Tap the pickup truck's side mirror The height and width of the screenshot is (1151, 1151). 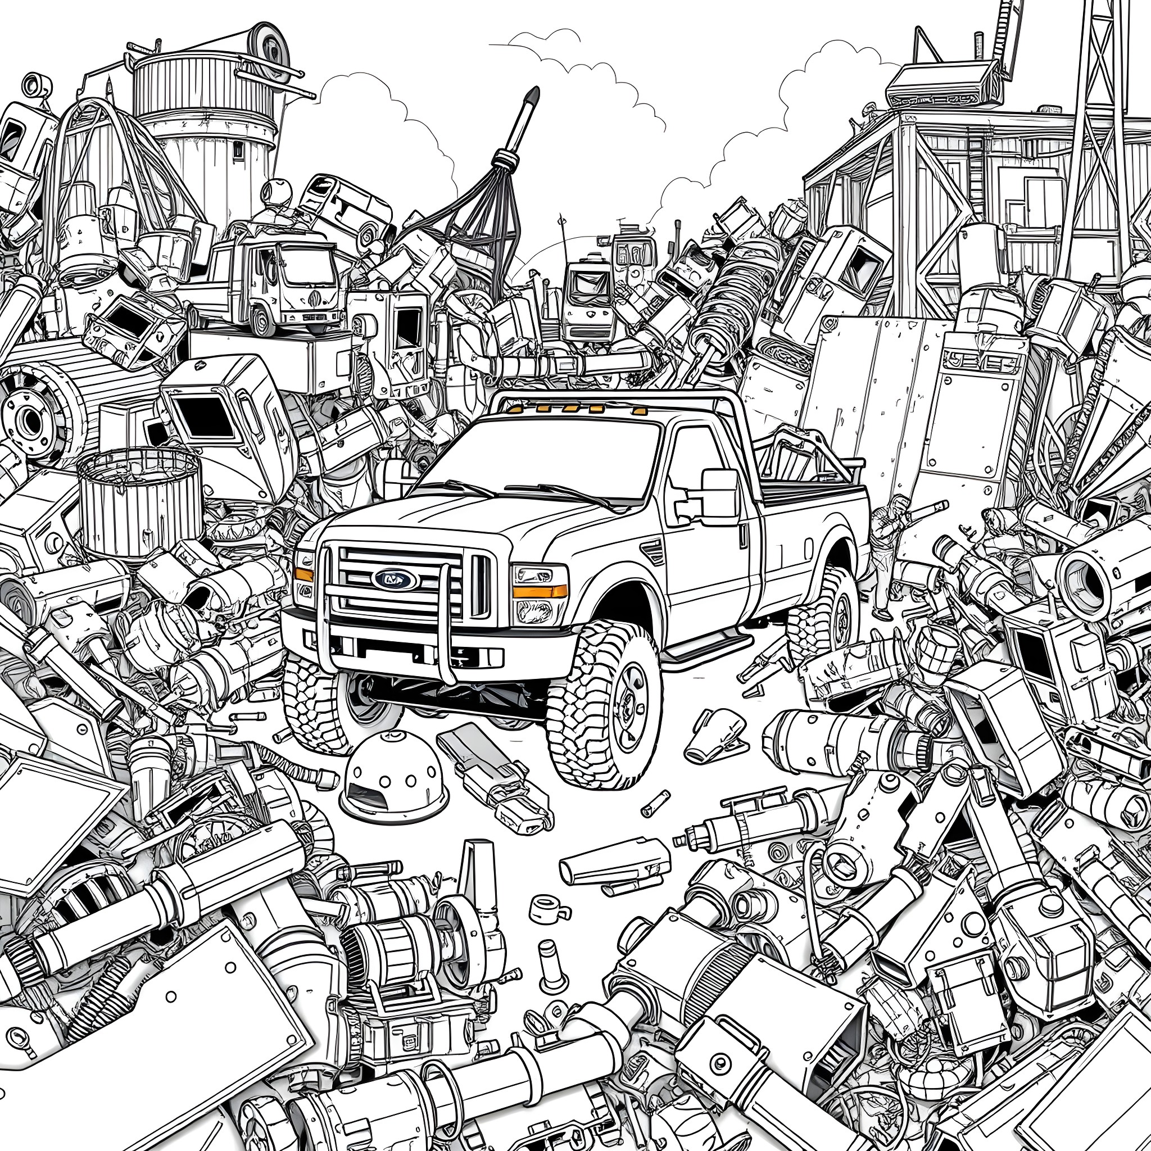(720, 498)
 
